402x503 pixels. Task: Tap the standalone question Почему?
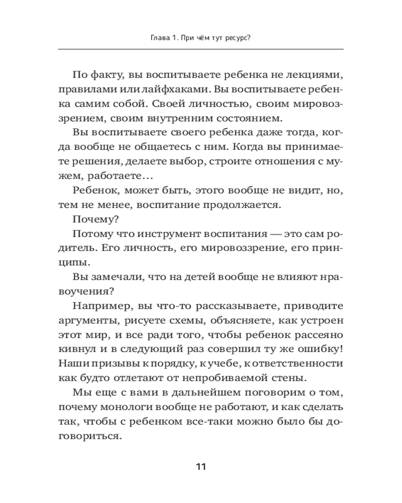pos(94,220)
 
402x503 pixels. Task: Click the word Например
pos(99,306)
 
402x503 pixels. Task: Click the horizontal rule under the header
pos(201,49)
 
